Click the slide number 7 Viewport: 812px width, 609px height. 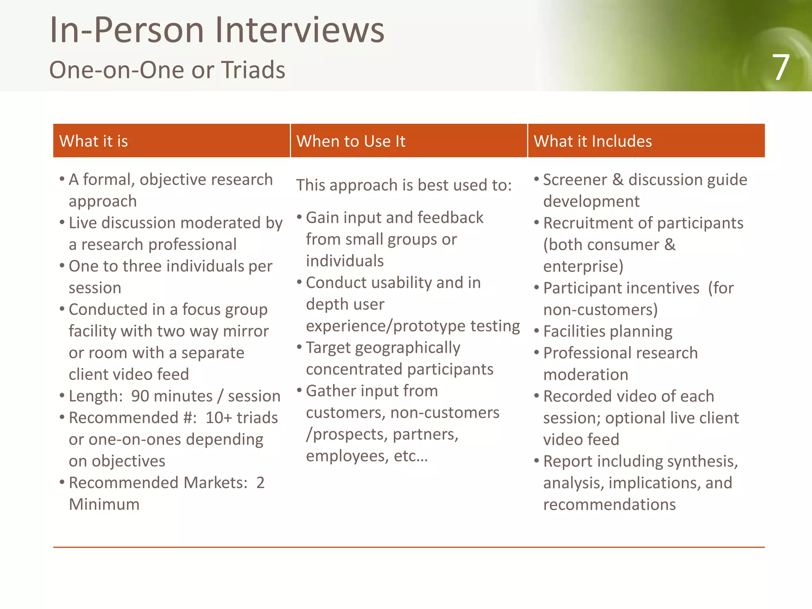tap(780, 68)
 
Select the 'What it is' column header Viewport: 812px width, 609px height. tap(94, 141)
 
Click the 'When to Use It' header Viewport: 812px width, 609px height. tap(351, 141)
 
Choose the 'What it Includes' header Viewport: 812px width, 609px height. tap(592, 141)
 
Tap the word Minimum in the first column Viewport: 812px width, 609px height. tap(104, 504)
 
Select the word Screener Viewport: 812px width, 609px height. tap(575, 180)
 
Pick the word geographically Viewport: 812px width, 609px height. tap(407, 348)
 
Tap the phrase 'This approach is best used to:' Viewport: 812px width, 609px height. tap(404, 185)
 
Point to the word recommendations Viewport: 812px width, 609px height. tap(609, 505)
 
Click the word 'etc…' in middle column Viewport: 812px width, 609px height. tap(410, 456)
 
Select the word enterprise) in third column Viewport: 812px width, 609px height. tap(583, 266)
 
